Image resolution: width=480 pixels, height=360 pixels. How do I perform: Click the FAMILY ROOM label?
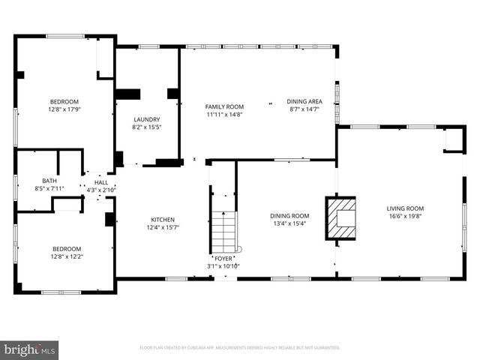coord(225,106)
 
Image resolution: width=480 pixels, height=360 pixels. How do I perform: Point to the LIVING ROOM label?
coord(405,208)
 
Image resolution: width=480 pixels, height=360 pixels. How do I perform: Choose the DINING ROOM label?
coord(289,216)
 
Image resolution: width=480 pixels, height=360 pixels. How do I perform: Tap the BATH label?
coord(49,181)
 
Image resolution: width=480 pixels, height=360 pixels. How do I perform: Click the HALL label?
coord(100,182)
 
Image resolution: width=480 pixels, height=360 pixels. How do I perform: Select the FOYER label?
coord(223,259)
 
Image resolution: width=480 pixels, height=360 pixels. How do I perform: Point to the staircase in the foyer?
coord(223,232)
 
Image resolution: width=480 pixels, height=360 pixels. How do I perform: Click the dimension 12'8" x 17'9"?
coord(64,109)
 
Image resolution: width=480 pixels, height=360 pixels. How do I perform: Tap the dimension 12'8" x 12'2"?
coord(67,256)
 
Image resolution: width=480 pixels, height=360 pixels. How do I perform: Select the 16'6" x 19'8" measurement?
coord(405,216)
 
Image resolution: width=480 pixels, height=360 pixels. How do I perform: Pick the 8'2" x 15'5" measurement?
coord(147,127)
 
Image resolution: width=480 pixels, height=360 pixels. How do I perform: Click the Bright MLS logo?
coord(30,349)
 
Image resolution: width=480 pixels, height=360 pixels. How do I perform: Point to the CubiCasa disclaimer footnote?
coord(240,348)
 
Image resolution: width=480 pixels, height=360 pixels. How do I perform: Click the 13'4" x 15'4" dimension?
coord(289,223)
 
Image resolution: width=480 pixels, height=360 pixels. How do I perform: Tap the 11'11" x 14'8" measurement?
coord(225,115)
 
